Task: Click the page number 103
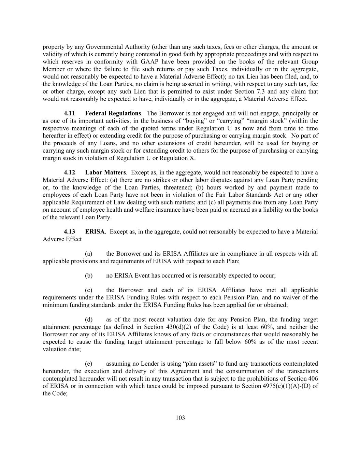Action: [180, 418]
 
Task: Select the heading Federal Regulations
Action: [113, 113]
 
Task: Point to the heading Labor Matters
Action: [105, 172]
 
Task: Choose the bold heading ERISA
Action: [95, 231]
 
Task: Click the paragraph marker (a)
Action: [89, 254]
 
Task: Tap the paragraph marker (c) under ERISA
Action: [89, 290]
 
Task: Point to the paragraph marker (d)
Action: [89, 320]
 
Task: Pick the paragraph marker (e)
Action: [89, 364]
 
